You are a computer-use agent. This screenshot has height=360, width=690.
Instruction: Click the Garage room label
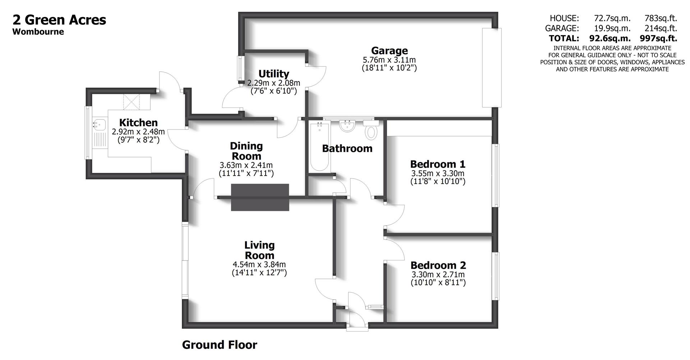[389, 51]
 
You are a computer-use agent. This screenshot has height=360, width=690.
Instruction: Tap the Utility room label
[274, 74]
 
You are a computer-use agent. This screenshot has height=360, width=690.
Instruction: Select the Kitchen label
[138, 123]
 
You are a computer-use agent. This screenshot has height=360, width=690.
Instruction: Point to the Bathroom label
[347, 148]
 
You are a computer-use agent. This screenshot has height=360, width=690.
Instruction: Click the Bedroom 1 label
[438, 164]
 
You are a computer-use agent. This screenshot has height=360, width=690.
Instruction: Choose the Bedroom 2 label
[438, 266]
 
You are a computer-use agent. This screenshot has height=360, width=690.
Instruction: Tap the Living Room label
[259, 250]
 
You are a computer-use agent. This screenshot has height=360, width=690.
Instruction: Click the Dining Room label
[246, 151]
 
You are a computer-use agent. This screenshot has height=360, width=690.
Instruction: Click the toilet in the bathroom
[371, 131]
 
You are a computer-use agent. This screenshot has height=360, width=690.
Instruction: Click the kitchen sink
[98, 125]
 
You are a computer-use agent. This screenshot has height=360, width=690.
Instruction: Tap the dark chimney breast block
[260, 197]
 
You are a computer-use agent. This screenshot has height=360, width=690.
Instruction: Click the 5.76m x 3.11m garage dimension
[389, 60]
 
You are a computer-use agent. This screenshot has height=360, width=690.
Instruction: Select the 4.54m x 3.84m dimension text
[259, 265]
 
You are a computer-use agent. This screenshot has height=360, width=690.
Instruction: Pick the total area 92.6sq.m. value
[610, 38]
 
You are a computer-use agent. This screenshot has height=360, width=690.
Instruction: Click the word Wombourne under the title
[38, 32]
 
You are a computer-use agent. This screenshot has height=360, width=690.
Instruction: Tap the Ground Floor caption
[220, 345]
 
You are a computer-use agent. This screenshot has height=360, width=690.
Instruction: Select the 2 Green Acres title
[59, 20]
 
